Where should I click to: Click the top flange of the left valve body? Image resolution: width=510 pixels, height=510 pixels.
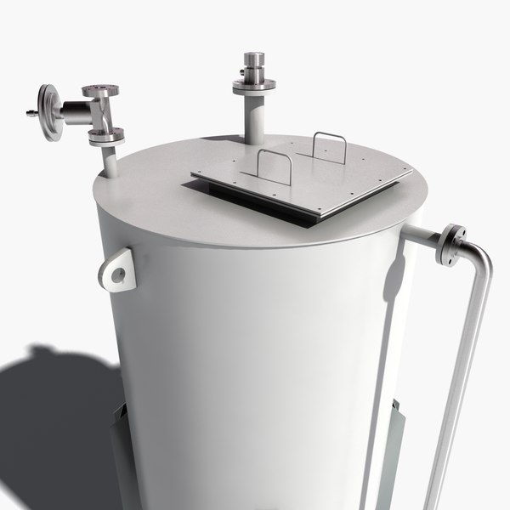click(100, 90)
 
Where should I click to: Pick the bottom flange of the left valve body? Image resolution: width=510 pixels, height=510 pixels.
click(105, 135)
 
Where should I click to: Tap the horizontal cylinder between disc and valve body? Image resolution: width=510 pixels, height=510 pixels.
click(75, 112)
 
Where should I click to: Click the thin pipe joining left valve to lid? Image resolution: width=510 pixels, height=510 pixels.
click(109, 159)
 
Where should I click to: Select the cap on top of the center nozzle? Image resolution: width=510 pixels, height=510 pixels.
click(254, 62)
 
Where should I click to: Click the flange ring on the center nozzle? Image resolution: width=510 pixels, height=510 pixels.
click(254, 84)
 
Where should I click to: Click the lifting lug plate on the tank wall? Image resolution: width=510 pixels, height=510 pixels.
click(117, 270)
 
